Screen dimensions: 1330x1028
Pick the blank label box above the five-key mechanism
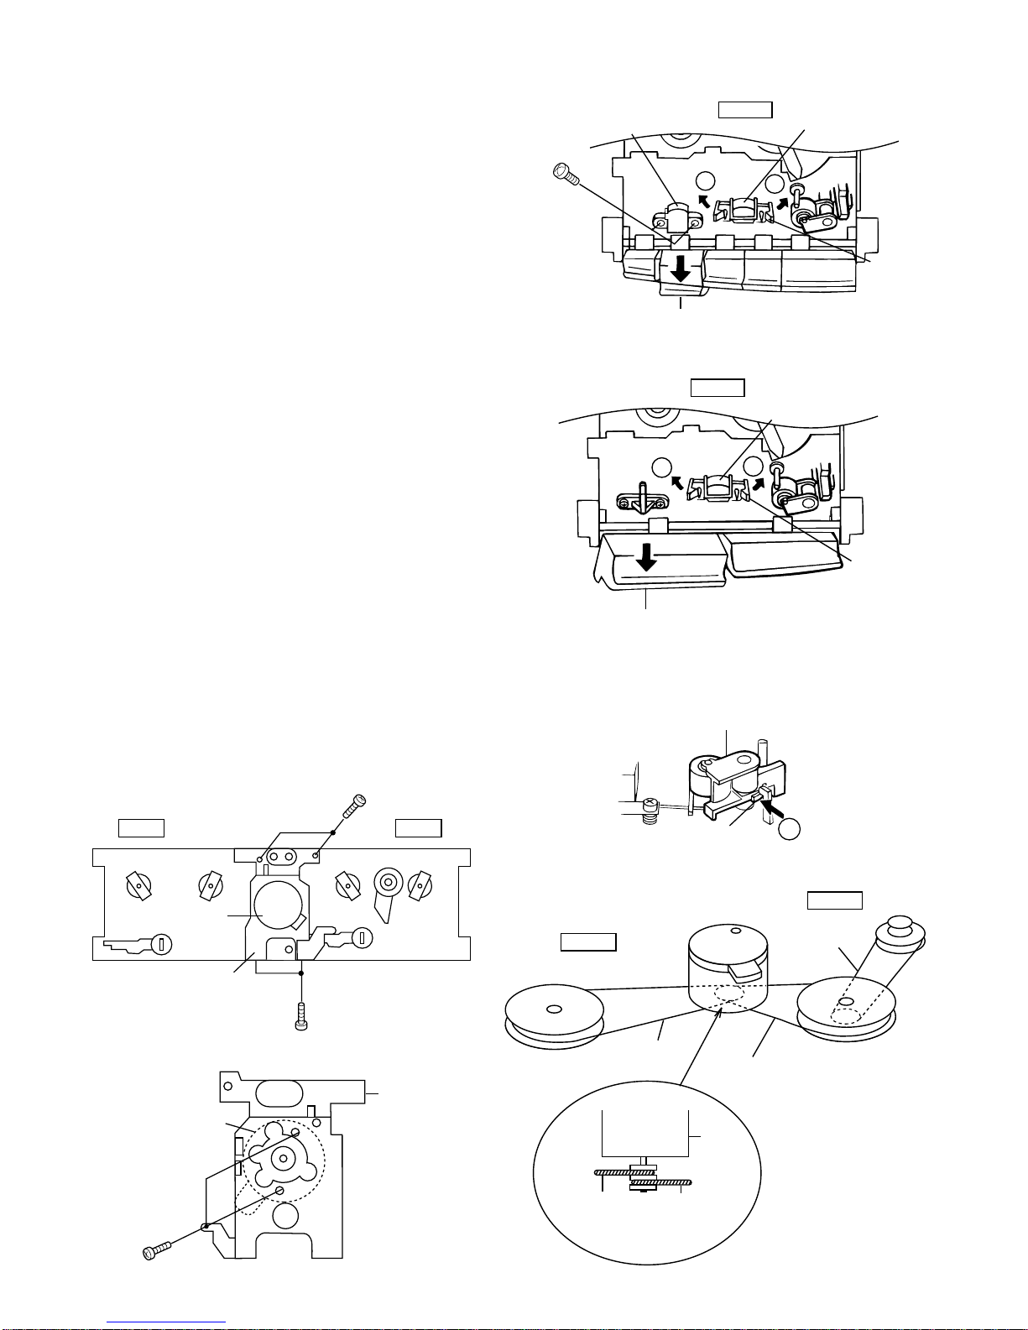click(744, 110)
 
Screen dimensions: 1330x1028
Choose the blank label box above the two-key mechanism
click(717, 388)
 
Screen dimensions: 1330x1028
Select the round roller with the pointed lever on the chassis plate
click(387, 883)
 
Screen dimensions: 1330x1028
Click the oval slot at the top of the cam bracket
click(276, 1094)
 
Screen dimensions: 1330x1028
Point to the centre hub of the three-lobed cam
click(283, 1159)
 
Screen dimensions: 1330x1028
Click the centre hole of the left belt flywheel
click(552, 1009)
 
